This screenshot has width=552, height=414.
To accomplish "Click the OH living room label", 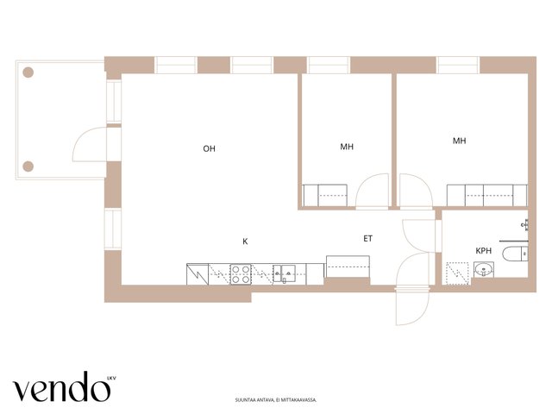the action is (x=209, y=148).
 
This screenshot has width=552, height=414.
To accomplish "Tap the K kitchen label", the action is (x=245, y=241).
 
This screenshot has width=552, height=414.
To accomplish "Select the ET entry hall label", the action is (x=368, y=239).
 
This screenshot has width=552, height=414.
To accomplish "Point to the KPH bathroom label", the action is (x=483, y=251).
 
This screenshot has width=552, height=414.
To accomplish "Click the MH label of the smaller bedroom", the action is (x=347, y=147).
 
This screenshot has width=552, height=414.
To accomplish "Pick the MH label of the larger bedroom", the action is (x=460, y=141).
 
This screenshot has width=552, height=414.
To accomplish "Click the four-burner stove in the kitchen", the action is (x=241, y=274).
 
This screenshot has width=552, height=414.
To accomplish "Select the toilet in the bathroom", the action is (x=515, y=254).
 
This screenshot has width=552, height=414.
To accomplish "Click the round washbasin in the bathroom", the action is (x=484, y=270).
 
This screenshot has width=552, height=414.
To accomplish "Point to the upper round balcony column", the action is (x=28, y=72).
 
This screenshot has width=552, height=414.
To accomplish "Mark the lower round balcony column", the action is (x=28, y=166).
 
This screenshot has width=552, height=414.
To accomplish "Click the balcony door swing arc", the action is (x=80, y=138).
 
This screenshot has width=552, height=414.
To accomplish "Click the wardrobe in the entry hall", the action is (x=348, y=267).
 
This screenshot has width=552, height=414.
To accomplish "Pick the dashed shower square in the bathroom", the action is (x=457, y=273).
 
